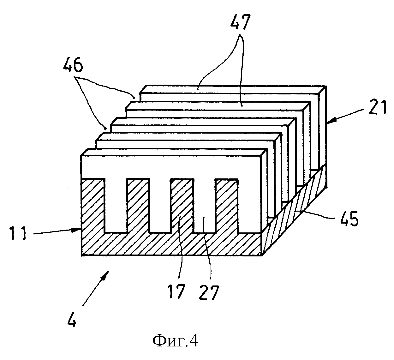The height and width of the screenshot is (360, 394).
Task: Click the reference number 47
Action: (x=240, y=21)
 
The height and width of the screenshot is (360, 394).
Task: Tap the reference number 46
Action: (x=73, y=65)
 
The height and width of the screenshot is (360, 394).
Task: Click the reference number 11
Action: (x=18, y=233)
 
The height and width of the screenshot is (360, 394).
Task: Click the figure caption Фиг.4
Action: (x=175, y=341)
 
